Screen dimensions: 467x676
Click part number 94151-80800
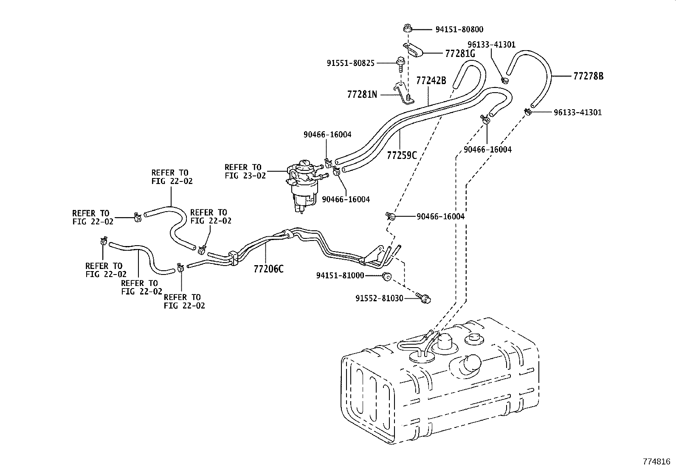pyautogui.click(x=459, y=29)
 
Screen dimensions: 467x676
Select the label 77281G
pyautogui.click(x=459, y=54)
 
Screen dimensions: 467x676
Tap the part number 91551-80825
pyautogui.click(x=350, y=63)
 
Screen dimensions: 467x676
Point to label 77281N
pyautogui.click(x=362, y=94)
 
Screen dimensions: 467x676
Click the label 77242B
pyautogui.click(x=431, y=80)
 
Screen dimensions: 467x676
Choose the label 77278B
pyautogui.click(x=588, y=76)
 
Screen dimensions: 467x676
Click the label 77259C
pyautogui.click(x=401, y=155)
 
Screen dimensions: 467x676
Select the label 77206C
pyautogui.click(x=268, y=269)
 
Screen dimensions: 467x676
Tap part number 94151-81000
pyautogui.click(x=340, y=275)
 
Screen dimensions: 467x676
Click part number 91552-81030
pyautogui.click(x=379, y=298)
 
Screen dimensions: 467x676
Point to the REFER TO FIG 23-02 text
pyautogui.click(x=245, y=171)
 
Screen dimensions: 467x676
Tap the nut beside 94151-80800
pyautogui.click(x=407, y=29)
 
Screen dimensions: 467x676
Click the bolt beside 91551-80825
pyautogui.click(x=400, y=63)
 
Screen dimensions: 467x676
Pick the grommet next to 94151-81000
pyautogui.click(x=386, y=276)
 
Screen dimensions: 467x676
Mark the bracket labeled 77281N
pyautogui.click(x=401, y=93)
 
